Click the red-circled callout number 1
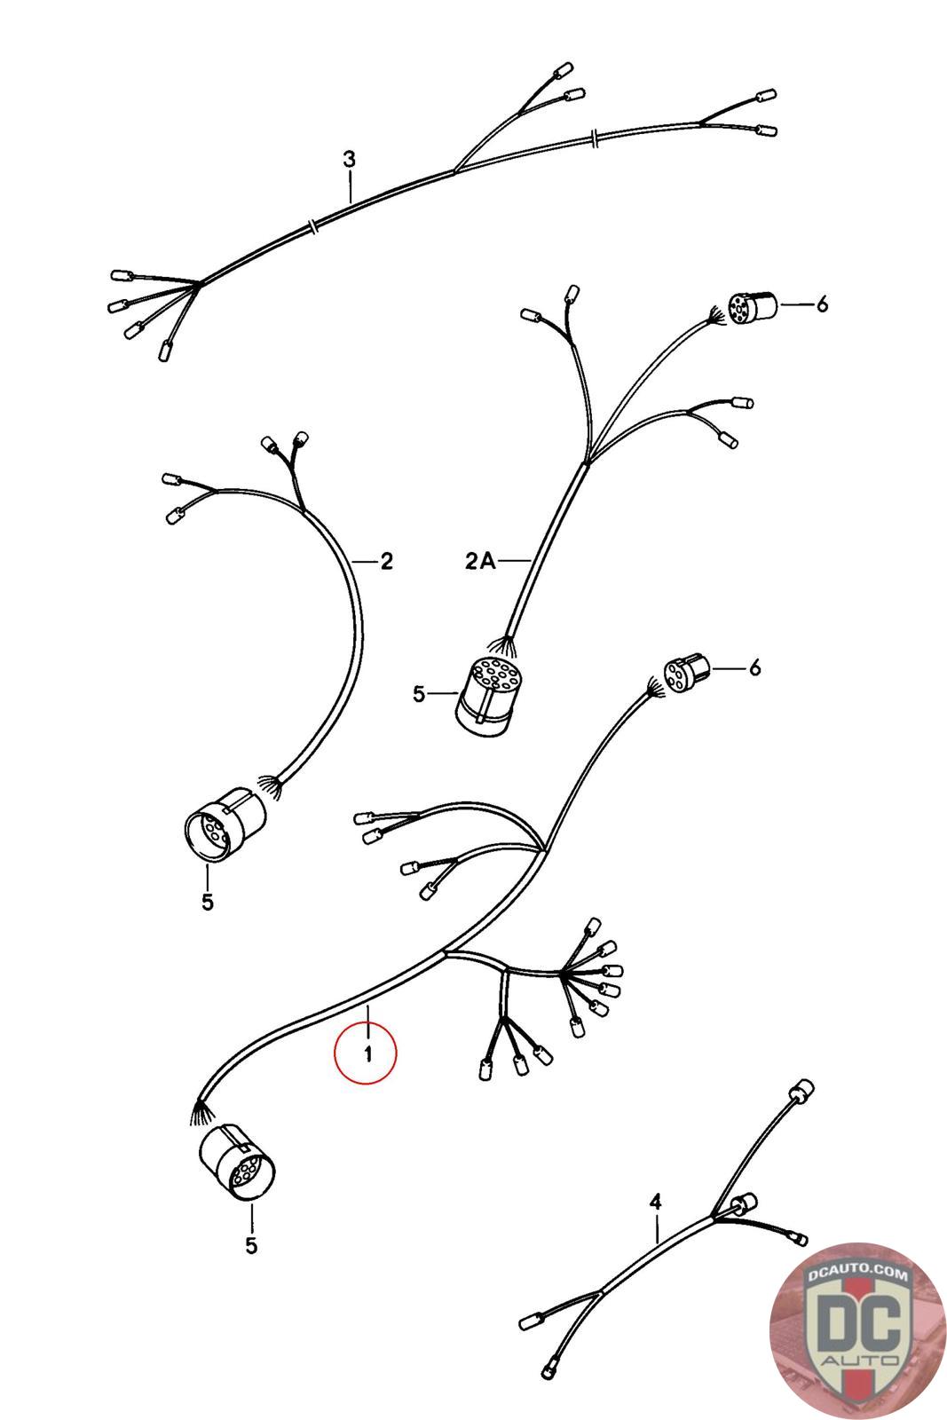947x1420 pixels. click(367, 1054)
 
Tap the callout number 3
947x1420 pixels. click(350, 159)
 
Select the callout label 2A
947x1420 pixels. click(480, 561)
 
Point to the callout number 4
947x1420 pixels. click(655, 1202)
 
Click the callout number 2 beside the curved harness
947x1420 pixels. click(386, 561)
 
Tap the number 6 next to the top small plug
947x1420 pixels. click(822, 304)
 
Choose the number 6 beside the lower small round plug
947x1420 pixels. click(754, 667)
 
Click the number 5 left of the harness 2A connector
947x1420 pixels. click(418, 694)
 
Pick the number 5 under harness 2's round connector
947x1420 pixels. click(208, 902)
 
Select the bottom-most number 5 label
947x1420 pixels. click(252, 1246)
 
